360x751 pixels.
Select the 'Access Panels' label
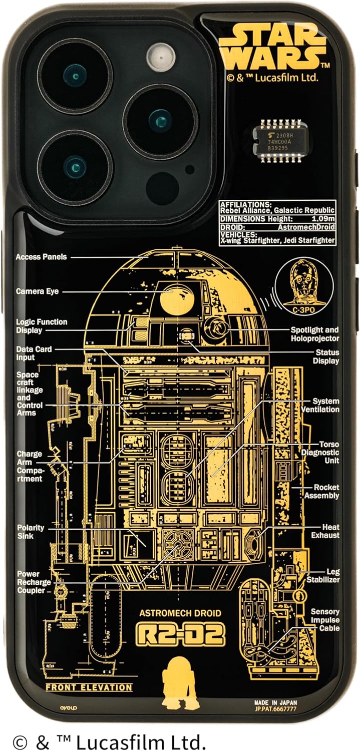[x=41, y=257]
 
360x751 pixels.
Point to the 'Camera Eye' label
[x=37, y=291]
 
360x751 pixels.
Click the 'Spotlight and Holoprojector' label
[x=321, y=334]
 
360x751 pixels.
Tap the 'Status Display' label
[x=326, y=356]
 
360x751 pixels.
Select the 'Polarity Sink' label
[x=31, y=532]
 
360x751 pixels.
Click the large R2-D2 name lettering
[x=180, y=633]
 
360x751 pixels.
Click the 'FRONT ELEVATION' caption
[x=89, y=687]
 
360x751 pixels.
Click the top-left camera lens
[x=75, y=76]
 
